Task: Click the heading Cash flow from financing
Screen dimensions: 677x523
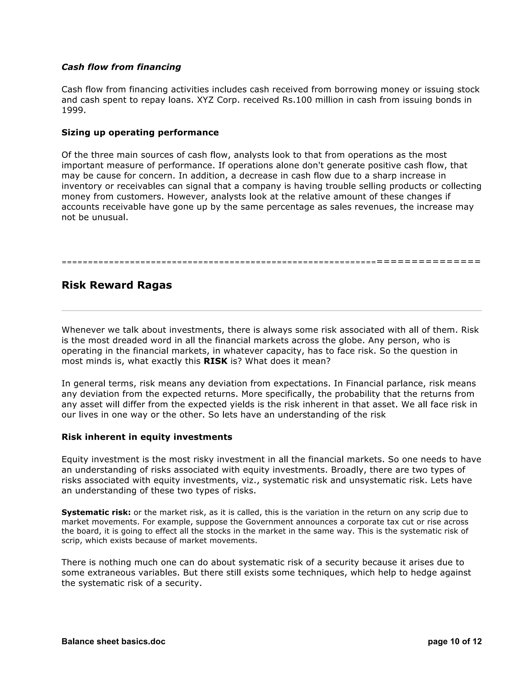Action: pos(121,67)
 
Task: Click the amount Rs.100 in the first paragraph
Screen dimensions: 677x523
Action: pos(296,100)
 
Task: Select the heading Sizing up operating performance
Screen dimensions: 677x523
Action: pos(140,132)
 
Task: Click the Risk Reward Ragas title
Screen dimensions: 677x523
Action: pos(116,285)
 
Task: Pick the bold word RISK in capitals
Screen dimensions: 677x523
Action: pos(215,361)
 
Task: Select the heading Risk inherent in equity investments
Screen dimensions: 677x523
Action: pos(147,437)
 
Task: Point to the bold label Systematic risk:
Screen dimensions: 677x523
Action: pos(96,512)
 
